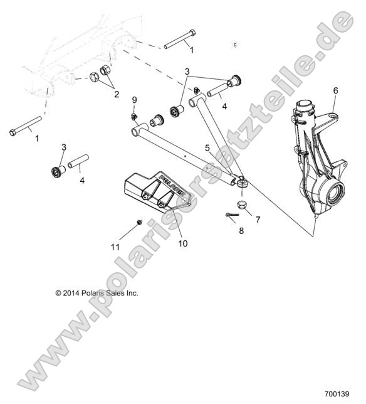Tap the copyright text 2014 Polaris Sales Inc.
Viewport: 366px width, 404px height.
point(97,292)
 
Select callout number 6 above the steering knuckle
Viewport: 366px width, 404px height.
point(335,91)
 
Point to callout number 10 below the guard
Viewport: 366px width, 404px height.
point(182,242)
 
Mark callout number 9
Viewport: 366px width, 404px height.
point(133,100)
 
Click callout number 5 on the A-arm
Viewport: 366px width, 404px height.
point(207,147)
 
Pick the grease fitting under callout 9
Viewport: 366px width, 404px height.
point(134,115)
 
